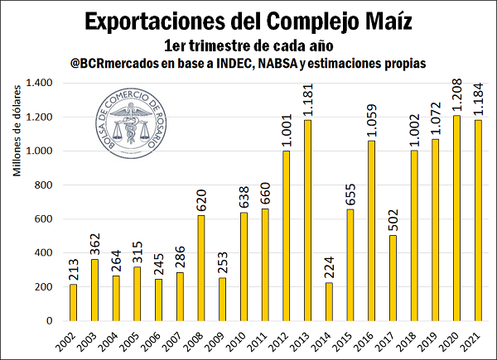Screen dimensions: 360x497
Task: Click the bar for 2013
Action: point(308,220)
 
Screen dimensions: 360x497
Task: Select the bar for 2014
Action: point(330,301)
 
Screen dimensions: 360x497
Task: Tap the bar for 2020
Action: point(458,218)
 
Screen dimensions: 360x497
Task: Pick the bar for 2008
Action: point(201,267)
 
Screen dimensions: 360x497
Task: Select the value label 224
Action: point(330,266)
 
